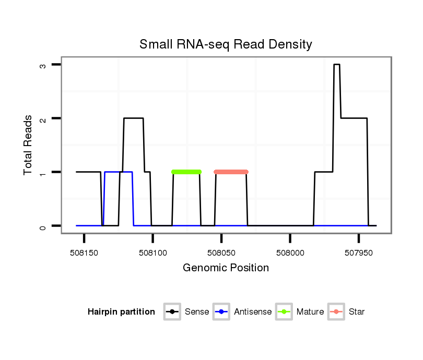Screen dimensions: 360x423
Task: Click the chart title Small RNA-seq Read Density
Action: pos(226,44)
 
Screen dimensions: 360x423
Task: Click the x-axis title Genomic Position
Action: pos(226,268)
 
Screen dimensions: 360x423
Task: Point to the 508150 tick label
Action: pos(84,251)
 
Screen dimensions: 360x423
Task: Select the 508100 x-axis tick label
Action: pos(152,251)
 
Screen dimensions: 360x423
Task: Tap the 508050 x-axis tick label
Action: pos(221,251)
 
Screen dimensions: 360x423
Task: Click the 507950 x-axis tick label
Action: pos(359,251)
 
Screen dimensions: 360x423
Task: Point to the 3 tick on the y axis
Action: pos(43,65)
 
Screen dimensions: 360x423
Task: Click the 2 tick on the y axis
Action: pos(43,118)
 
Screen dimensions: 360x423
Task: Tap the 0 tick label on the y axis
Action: pos(43,226)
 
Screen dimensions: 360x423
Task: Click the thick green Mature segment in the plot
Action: pos(186,172)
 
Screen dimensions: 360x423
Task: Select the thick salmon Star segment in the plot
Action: pos(231,172)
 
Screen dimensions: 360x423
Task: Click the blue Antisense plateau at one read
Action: pos(119,172)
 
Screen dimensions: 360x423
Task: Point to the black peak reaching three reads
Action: pos(337,65)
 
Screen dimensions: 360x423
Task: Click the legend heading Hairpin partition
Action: pos(121,312)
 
